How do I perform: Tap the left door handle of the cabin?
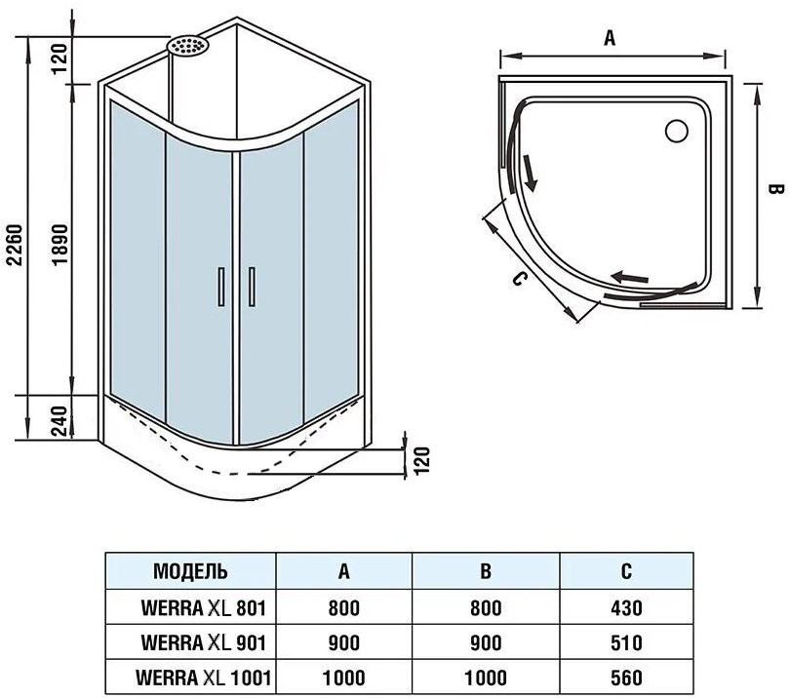[x=222, y=287]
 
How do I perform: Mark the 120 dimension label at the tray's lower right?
[x=421, y=459]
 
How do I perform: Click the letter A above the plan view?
[x=610, y=37]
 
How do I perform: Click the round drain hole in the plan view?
[x=675, y=129]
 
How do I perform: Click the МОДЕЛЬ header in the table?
[x=191, y=571]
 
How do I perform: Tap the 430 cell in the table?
[x=625, y=608]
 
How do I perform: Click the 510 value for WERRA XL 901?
[x=625, y=642]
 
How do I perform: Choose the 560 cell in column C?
[x=625, y=675]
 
